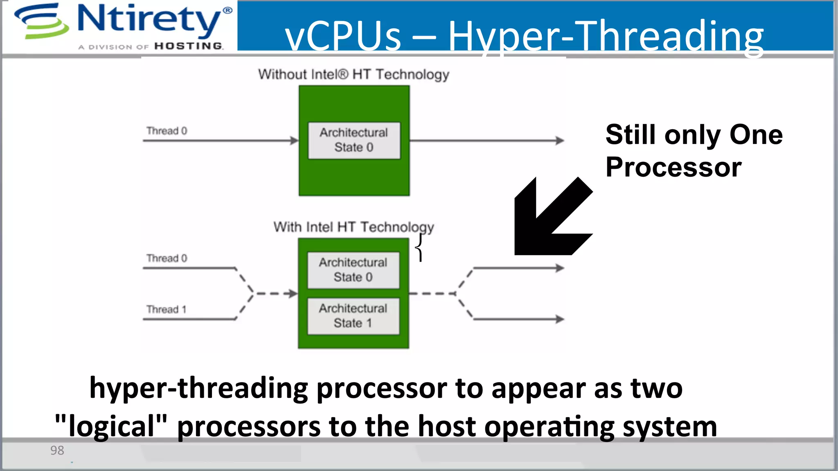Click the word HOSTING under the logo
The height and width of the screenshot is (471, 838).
click(189, 46)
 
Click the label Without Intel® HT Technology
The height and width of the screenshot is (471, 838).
click(354, 74)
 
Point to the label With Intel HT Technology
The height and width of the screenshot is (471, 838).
click(354, 227)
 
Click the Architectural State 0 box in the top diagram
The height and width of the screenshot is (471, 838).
click(354, 140)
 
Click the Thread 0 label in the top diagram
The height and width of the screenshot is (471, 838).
click(167, 131)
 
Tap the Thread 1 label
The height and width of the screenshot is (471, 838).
click(166, 309)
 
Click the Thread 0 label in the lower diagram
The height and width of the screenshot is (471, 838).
click(167, 258)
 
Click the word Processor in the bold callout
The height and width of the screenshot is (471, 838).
click(674, 167)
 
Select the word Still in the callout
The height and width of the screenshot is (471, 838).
click(632, 135)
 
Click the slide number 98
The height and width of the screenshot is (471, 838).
click(57, 450)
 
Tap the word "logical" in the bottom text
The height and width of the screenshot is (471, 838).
click(111, 426)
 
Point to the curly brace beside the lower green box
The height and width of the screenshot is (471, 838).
click(419, 247)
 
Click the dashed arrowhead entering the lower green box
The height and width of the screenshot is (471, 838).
click(292, 294)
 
